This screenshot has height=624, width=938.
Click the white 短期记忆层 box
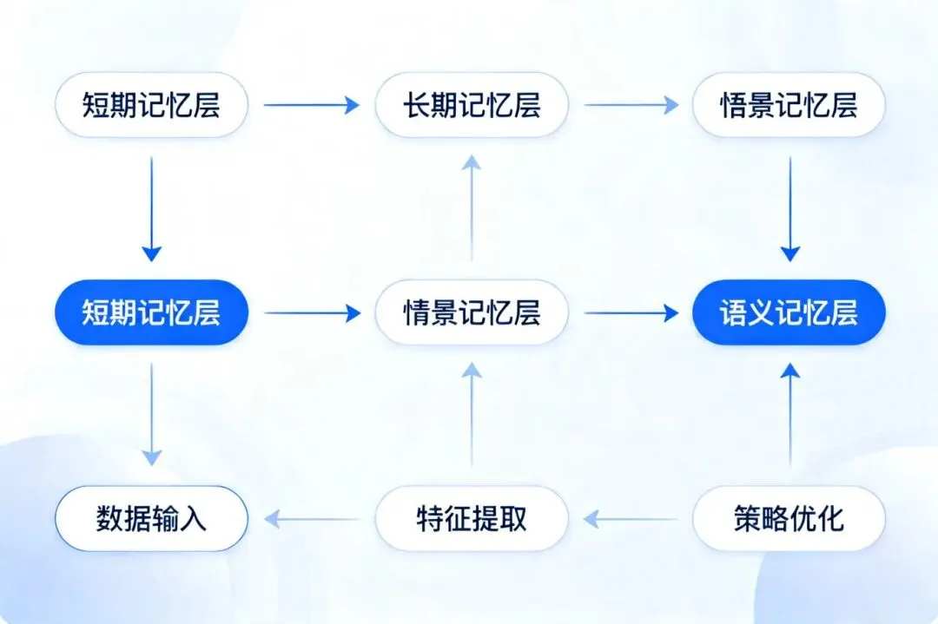click(151, 105)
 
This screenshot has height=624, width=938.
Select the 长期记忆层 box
click(471, 105)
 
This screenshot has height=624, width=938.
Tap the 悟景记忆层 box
click(789, 105)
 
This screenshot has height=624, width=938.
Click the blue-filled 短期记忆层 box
click(151, 312)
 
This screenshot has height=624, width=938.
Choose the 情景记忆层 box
click(471, 312)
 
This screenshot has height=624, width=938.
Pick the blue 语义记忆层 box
click(789, 312)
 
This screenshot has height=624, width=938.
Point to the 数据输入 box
click(151, 519)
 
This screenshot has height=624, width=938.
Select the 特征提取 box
click(471, 519)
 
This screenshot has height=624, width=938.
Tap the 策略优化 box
click(789, 519)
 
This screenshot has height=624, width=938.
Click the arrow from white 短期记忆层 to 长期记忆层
click(311, 105)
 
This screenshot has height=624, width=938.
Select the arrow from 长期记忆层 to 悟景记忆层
click(631, 105)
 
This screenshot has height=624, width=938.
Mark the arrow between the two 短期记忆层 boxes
click(151, 208)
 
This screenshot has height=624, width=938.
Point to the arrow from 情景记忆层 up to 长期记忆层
click(471, 208)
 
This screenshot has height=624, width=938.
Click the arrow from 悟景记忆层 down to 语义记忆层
click(789, 208)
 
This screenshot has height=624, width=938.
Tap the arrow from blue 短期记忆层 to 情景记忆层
click(311, 312)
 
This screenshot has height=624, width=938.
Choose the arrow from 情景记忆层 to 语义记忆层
click(631, 312)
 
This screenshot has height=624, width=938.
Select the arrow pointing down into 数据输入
click(151, 414)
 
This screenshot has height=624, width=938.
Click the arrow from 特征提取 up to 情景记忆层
click(471, 415)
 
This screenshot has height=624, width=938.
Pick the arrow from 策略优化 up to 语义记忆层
click(789, 415)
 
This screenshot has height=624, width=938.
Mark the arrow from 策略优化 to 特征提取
click(631, 519)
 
